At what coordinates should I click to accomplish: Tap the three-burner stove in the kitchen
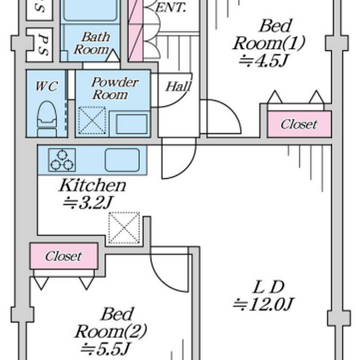[x=62, y=160]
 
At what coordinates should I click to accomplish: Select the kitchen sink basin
[x=122, y=160]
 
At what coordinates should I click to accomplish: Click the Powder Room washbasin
[x=132, y=124]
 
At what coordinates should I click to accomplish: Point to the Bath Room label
[x=92, y=43]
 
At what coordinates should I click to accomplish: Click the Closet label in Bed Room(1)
[x=299, y=124]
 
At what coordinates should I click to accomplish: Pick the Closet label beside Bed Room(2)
[x=64, y=256]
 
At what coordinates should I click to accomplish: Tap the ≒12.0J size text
[x=263, y=304]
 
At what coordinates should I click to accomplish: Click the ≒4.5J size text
[x=263, y=61]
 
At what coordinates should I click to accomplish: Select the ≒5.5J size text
[x=105, y=349]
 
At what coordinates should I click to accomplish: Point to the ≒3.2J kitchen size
[x=88, y=203]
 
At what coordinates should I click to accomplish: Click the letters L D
[x=269, y=287]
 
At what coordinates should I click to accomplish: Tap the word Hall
[x=179, y=87]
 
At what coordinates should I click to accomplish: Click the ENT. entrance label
[x=171, y=8]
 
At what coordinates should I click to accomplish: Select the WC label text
[x=47, y=86]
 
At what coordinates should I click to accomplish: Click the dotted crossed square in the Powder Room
[x=92, y=120]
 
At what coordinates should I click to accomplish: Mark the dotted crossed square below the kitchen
[x=124, y=228]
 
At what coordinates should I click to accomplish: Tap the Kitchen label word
[x=93, y=185]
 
